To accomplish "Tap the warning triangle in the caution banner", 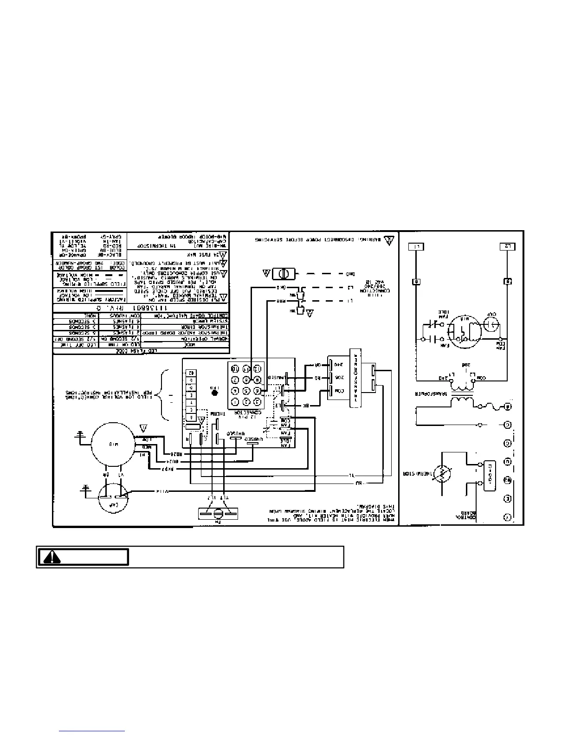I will click(x=55, y=557).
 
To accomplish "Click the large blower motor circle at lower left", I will click(x=112, y=445).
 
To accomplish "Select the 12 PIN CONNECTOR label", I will click(x=245, y=411).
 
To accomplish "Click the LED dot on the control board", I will click(x=214, y=392).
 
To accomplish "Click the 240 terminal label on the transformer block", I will click(x=338, y=364).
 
